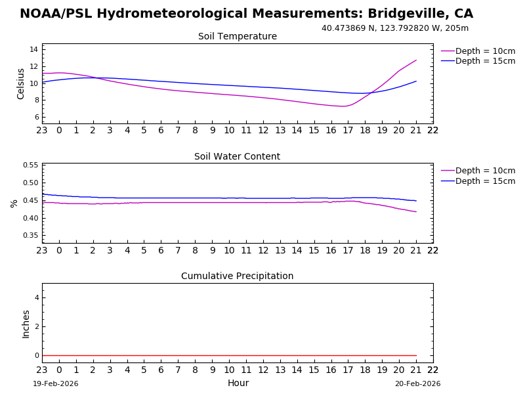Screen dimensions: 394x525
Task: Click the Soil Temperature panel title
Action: coord(238,37)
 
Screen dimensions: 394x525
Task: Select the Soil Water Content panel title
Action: coord(237,157)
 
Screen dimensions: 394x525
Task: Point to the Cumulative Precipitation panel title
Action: coord(237,276)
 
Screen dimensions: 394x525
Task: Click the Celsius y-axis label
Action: coord(21,83)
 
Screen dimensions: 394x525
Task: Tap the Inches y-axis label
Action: coord(26,324)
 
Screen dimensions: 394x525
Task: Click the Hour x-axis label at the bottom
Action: coord(238,383)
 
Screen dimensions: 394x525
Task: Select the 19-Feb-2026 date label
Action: coord(56,384)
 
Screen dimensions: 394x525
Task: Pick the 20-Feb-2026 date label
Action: coord(417,384)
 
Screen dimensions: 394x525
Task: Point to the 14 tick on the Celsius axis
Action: coord(33,49)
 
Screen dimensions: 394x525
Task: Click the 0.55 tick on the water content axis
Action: coord(30,165)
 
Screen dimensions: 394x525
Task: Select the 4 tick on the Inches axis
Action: coord(37,298)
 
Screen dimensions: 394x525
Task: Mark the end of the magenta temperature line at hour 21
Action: coord(416,60)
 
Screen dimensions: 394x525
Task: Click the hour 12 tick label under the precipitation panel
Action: coord(263,369)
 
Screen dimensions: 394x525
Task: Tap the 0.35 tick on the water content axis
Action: coord(30,235)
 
